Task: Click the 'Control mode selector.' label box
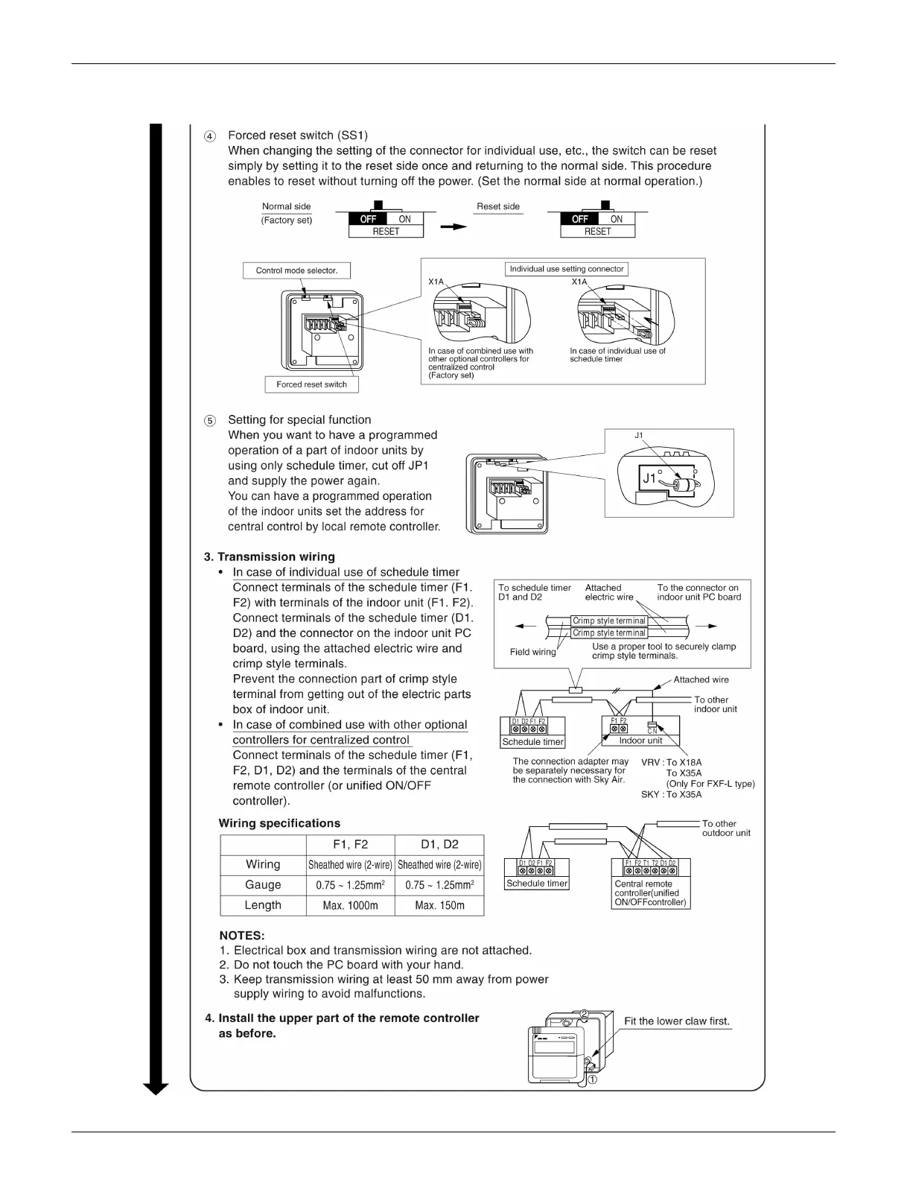[x=296, y=270]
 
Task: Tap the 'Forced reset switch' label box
[x=311, y=384]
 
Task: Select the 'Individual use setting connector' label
[x=567, y=269]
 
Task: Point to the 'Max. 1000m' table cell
[x=350, y=905]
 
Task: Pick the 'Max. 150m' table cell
[x=439, y=905]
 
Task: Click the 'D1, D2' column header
[x=439, y=845]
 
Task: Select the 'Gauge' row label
[x=263, y=885]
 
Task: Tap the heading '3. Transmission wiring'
[x=270, y=556]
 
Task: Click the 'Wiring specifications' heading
[x=279, y=823]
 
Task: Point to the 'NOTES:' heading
[x=242, y=936]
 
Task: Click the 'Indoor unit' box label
[x=640, y=740]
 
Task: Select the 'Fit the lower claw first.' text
[x=677, y=1021]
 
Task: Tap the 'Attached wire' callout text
[x=701, y=679]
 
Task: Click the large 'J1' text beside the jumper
[x=649, y=478]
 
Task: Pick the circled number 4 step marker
[x=211, y=136]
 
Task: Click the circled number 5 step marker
[x=211, y=421]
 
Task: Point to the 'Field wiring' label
[x=532, y=652]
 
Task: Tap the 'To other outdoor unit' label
[x=725, y=828]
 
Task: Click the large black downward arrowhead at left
[x=156, y=1088]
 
